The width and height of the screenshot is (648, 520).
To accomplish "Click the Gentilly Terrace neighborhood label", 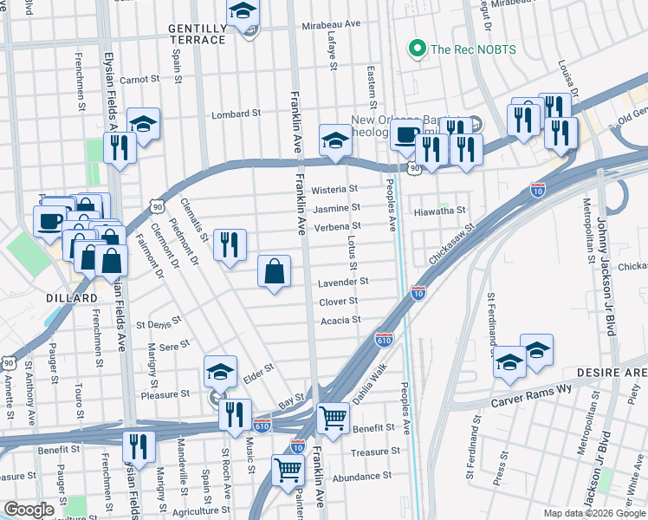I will point(198,36).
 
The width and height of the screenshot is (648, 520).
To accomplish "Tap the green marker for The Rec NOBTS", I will point(418,49).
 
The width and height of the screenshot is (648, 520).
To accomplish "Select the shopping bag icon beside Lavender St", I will point(275,272).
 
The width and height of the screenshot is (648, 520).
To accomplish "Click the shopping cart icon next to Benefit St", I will point(333,419).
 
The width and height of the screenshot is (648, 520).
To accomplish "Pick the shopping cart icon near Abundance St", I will point(288,471).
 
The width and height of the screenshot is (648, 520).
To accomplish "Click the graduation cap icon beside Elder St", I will point(221,372).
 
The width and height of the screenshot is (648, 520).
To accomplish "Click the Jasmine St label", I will point(337,209).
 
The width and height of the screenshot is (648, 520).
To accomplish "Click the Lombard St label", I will point(237,114).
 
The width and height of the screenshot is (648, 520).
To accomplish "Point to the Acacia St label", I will point(340,321).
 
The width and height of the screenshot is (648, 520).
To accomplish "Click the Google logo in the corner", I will point(29,510).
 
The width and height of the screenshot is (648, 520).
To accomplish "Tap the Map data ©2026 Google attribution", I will point(593,513).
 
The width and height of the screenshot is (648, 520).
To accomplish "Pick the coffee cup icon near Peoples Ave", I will point(405,134).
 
